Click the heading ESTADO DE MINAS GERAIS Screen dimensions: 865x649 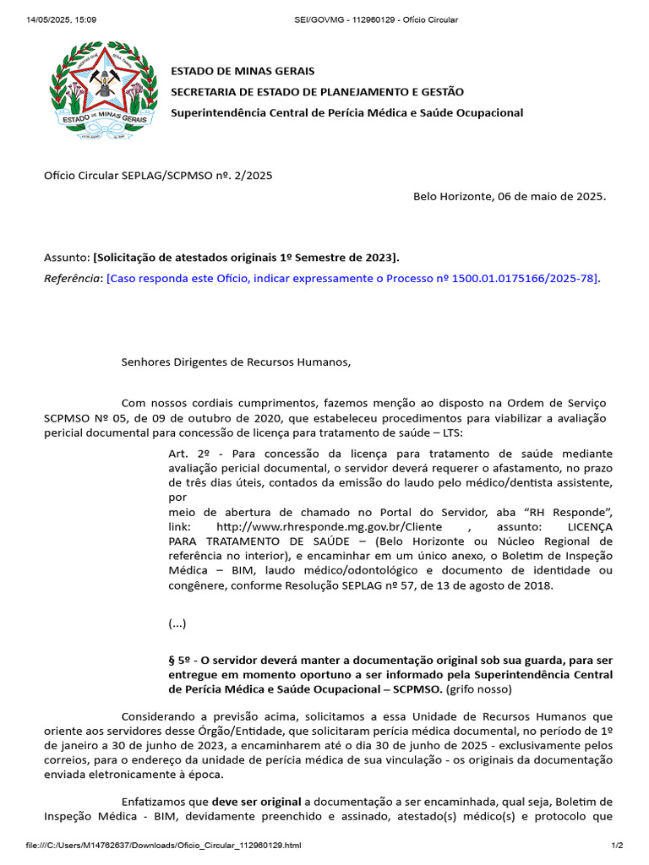pyautogui.click(x=243, y=71)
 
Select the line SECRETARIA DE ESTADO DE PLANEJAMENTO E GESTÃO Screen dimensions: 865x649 pyautogui.click(x=317, y=91)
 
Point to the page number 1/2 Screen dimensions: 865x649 pyautogui.click(x=617, y=846)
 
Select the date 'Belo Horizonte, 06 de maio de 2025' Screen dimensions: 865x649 pyautogui.click(x=509, y=196)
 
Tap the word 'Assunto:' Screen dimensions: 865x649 pyautogui.click(x=67, y=257)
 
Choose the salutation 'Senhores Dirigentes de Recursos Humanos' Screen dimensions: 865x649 pyautogui.click(x=235, y=362)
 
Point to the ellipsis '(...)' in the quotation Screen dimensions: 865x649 pyautogui.click(x=177, y=624)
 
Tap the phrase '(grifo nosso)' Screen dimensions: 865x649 pyautogui.click(x=480, y=689)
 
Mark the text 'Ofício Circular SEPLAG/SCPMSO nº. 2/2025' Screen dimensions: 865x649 pyautogui.click(x=158, y=176)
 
